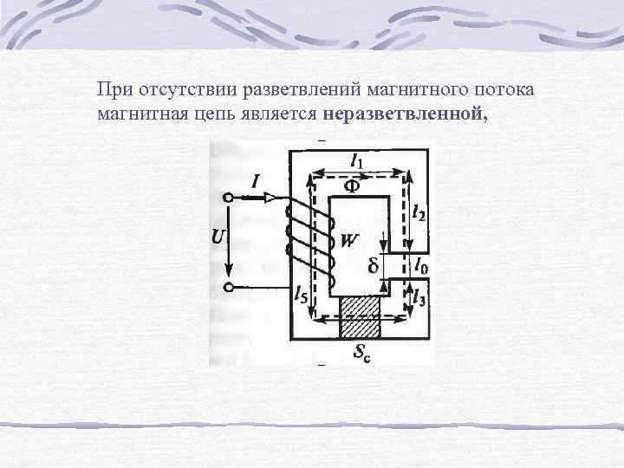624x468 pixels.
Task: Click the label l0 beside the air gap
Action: (x=419, y=263)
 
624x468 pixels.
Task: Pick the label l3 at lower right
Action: (x=419, y=297)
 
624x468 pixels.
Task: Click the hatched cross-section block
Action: (x=361, y=317)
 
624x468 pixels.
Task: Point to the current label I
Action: (x=256, y=181)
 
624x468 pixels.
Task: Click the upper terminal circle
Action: (x=228, y=198)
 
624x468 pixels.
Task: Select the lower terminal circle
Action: (x=228, y=286)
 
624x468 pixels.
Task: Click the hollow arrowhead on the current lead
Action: (x=270, y=198)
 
